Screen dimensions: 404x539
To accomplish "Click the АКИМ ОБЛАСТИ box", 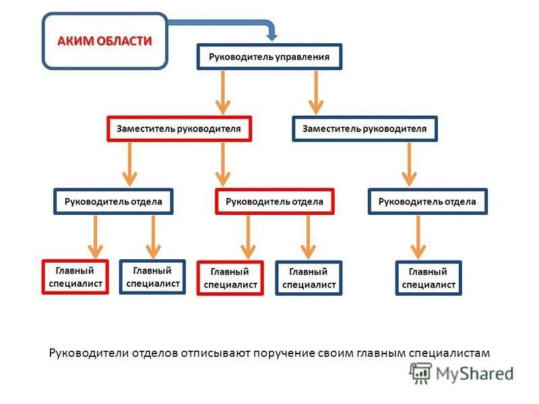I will tap(104, 41).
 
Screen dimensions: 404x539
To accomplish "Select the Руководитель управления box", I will tap(269, 57).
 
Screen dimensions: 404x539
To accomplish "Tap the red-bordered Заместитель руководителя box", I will tap(179, 129).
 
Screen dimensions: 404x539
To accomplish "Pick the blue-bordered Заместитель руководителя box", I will tap(364, 129).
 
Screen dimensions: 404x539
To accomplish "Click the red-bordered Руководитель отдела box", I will tap(274, 201).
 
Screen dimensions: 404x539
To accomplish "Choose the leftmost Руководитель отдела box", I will tap(113, 201).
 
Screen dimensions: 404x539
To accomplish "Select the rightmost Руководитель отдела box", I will tap(427, 201).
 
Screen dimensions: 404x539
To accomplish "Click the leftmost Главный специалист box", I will tap(75, 277).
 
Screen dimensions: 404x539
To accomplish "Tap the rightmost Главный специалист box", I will tap(429, 278).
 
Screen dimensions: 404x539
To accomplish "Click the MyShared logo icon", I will tap(421, 372).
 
